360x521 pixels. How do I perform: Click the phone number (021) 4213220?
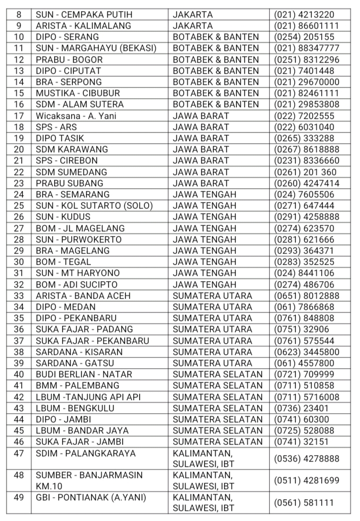pos(304,14)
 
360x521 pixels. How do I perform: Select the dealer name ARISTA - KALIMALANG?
pos(83,25)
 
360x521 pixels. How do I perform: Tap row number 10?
pos(19,37)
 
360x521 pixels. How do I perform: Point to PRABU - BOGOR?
pos(69,59)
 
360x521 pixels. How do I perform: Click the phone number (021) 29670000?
pos(306,82)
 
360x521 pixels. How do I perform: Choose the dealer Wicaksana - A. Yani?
pos(75,116)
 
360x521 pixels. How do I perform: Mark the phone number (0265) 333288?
pos(304,138)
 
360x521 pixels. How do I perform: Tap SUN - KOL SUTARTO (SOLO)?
pos(94,205)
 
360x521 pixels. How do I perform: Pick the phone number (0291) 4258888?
pos(306,216)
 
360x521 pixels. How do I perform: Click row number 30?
pos(19,262)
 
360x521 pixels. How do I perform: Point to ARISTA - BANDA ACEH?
pos(83,296)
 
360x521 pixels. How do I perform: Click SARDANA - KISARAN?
pos(79,352)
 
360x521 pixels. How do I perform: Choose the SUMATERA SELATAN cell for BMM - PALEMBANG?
pos(218,385)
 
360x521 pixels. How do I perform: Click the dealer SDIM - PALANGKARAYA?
pos(85,453)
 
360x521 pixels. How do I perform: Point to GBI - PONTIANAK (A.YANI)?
pos(90,498)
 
